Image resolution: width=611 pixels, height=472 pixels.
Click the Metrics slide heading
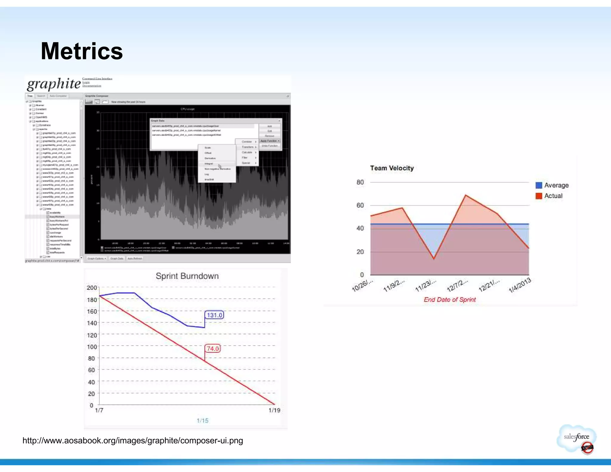coord(82,51)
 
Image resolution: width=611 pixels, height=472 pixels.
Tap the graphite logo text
coord(54,84)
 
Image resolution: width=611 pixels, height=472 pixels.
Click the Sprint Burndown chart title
coord(187,276)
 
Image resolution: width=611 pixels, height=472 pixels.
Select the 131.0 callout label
coord(214,315)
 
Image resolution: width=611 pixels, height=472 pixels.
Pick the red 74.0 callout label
coord(213,348)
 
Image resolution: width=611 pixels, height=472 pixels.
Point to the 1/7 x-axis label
coord(99,411)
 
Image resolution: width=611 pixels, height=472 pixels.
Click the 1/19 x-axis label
coord(274,411)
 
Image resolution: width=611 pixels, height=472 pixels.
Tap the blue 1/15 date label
coord(203,421)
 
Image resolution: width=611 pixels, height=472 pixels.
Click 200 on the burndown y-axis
coord(92,288)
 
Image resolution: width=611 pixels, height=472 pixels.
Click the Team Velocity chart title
coord(392,168)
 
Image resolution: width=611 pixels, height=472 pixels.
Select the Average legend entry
coord(552,185)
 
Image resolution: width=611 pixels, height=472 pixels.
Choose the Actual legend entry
coord(549,196)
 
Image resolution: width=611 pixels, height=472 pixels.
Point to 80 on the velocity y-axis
coord(360,182)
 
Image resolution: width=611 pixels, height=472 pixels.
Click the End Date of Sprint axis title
coord(450,300)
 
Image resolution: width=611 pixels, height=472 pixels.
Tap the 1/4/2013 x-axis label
coord(520,285)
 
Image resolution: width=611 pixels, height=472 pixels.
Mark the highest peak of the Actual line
coord(466,195)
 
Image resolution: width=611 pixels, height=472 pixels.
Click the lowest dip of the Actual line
coord(434,259)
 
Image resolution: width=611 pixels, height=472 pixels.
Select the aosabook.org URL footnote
coord(133,441)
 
